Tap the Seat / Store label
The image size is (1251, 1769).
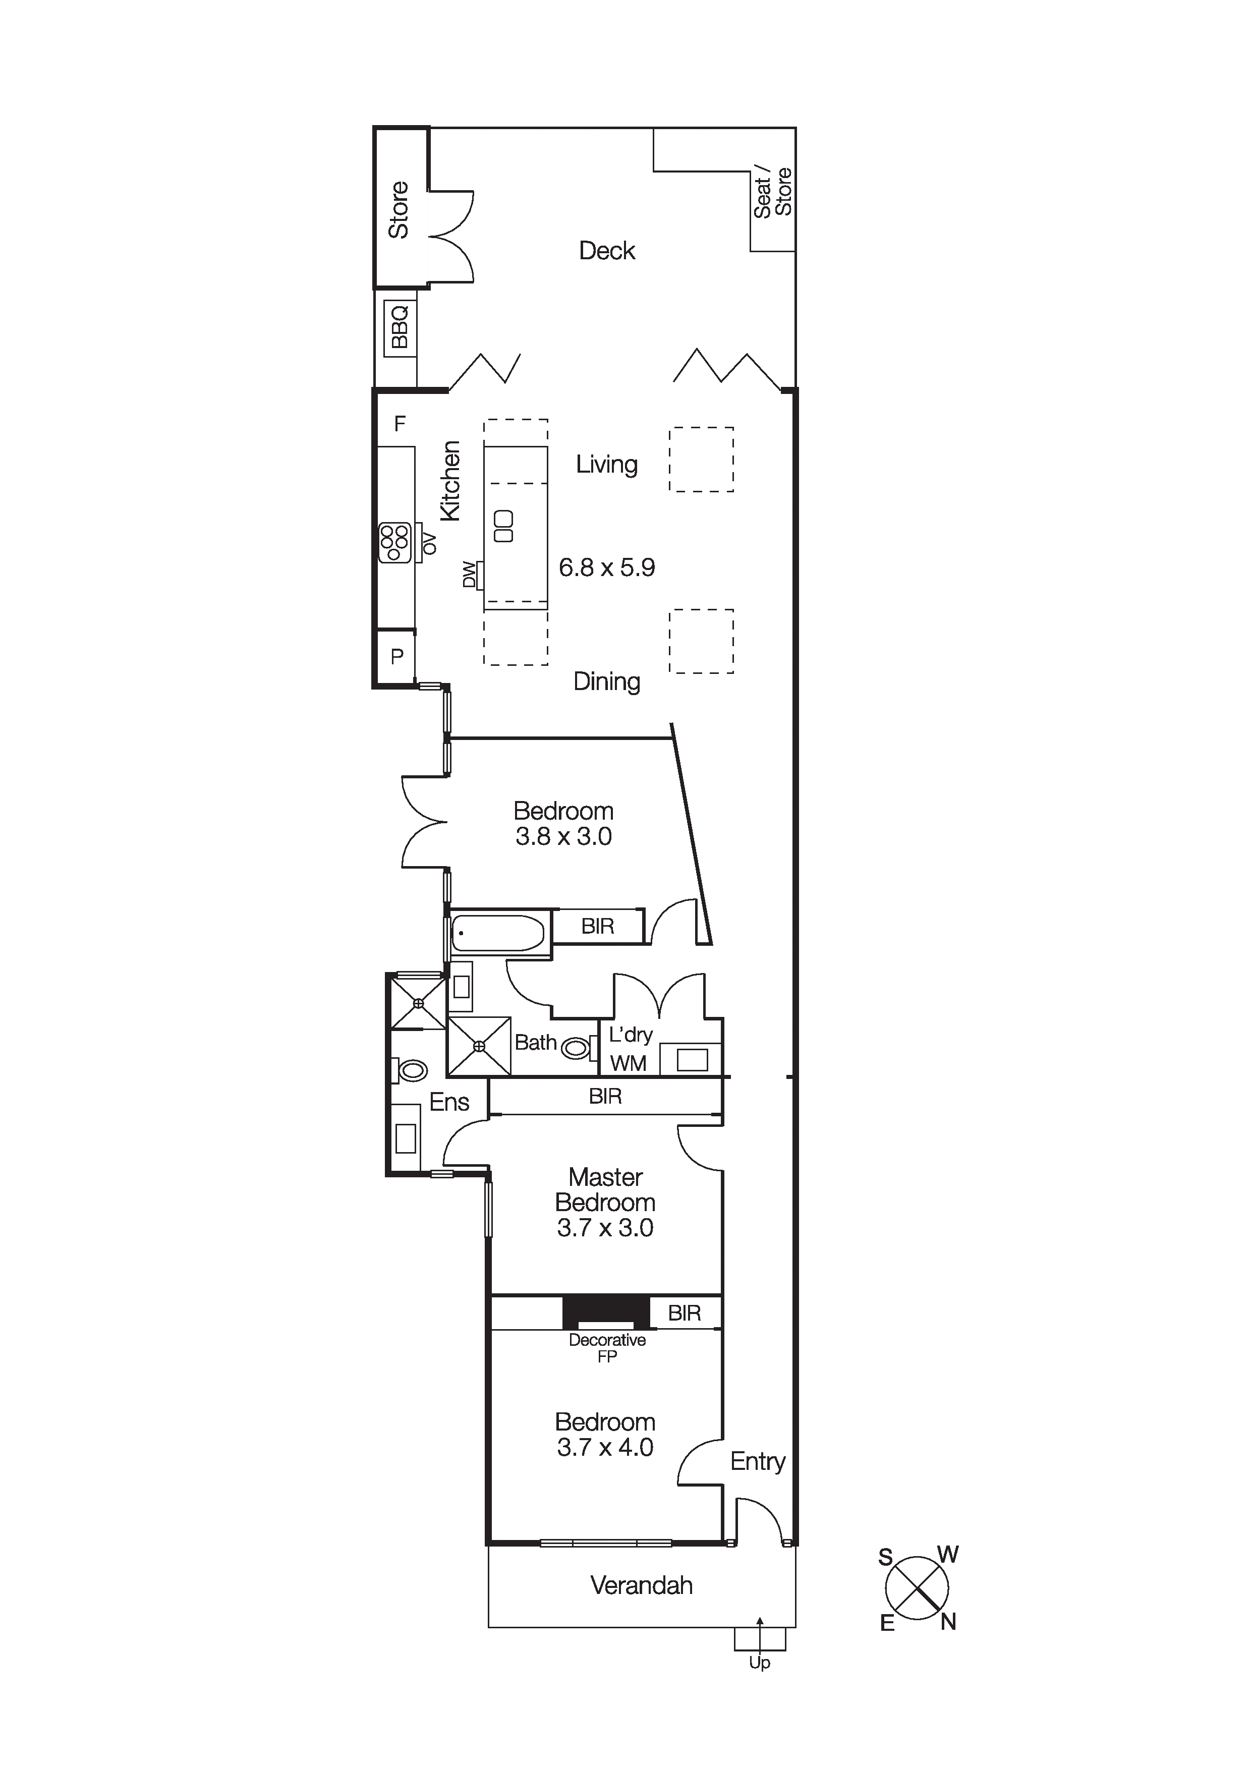(773, 193)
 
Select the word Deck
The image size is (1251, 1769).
(607, 251)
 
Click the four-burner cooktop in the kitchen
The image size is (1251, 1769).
(394, 542)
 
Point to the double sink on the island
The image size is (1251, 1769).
(504, 526)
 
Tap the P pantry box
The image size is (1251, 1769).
(396, 656)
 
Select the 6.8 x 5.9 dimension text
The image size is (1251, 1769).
(607, 568)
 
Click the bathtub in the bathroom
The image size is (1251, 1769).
(498, 933)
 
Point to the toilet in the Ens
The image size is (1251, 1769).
(412, 1070)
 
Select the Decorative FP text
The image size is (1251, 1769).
(607, 1347)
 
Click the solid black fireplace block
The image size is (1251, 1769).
(605, 1311)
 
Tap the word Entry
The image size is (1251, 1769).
(757, 1462)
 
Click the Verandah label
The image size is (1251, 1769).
(642, 1585)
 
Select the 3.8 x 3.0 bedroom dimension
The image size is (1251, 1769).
(564, 837)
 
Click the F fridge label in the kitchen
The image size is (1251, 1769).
(400, 423)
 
